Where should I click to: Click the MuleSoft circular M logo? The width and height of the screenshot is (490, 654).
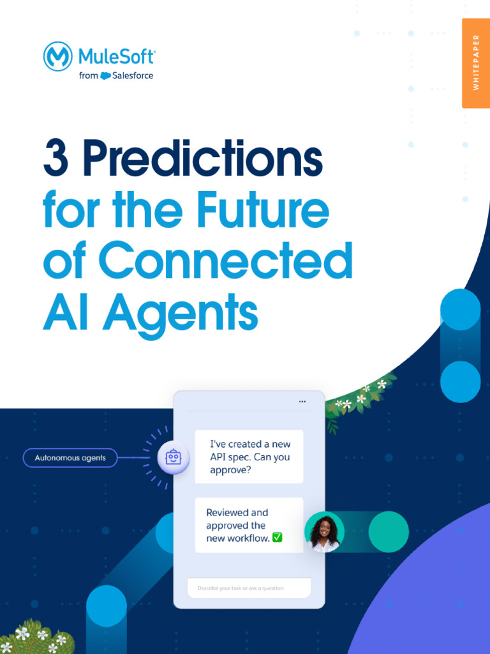[x=57, y=56]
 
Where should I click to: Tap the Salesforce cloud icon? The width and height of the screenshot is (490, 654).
[x=105, y=76]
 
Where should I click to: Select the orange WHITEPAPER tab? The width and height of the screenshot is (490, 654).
[x=475, y=63]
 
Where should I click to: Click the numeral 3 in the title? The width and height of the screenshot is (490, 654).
[x=56, y=159]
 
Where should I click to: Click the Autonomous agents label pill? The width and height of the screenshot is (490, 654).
[x=70, y=458]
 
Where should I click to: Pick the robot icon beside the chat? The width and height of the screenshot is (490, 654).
[x=174, y=457]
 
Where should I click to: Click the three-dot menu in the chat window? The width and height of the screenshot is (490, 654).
[x=302, y=402]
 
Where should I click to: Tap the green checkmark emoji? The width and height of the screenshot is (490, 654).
[x=277, y=538]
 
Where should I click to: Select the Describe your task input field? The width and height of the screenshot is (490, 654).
[x=249, y=588]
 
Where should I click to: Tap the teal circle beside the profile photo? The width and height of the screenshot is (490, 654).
[x=389, y=531]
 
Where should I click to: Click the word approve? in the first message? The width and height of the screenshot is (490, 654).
[x=230, y=471]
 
